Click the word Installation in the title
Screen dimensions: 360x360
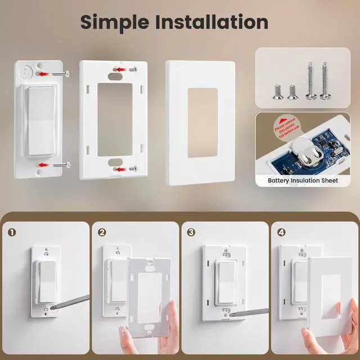tap(214, 22)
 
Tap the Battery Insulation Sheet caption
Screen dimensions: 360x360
tap(303, 181)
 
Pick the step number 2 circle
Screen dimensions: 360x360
tap(101, 231)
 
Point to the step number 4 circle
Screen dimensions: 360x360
tap(281, 231)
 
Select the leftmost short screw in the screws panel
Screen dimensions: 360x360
tap(276, 92)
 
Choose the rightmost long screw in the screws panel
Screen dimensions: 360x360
tap(325, 82)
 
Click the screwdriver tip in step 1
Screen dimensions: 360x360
tap(52, 307)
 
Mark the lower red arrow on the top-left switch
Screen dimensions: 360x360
tap(43, 164)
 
